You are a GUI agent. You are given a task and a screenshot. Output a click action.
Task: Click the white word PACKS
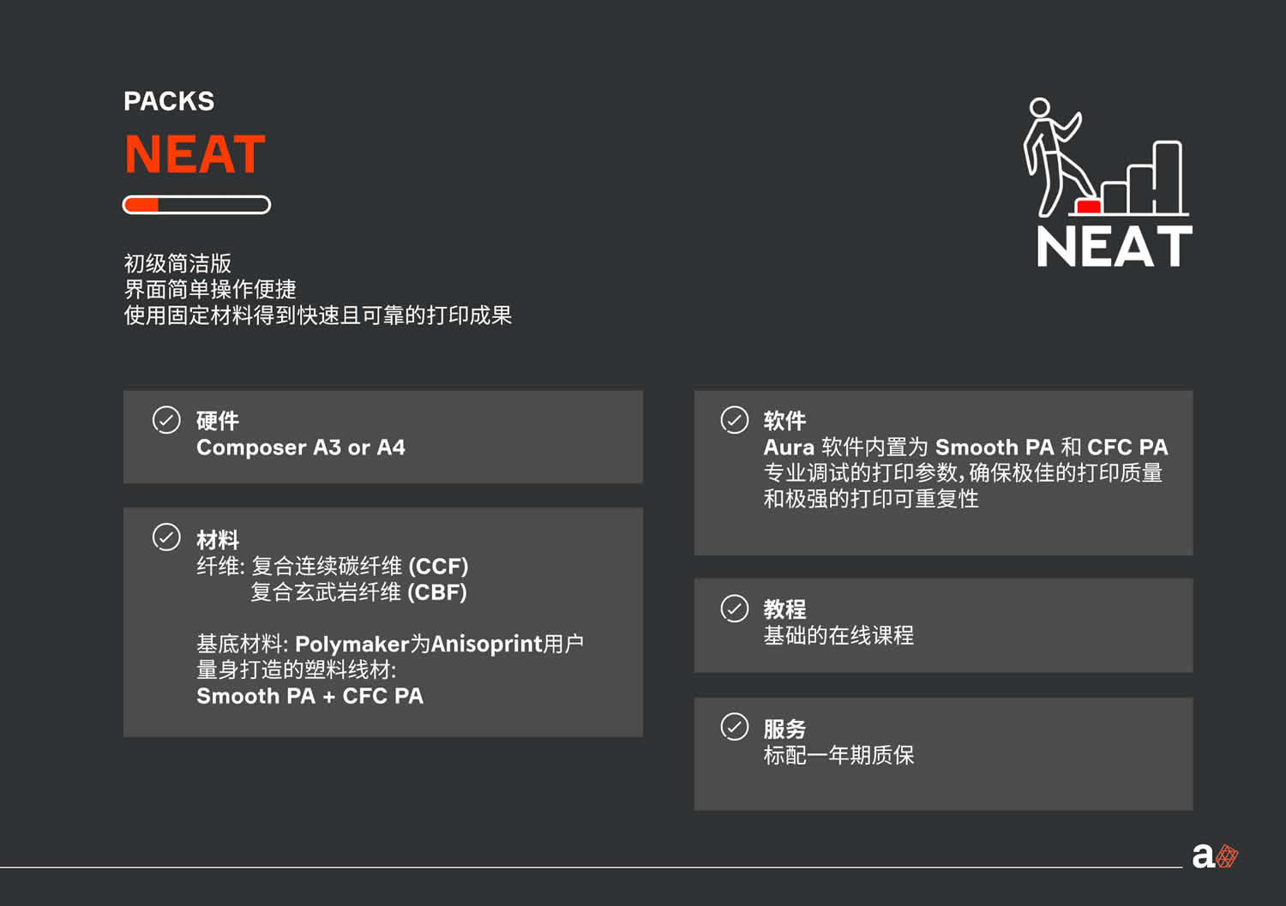click(169, 101)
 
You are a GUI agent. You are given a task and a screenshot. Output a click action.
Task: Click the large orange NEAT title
click(195, 153)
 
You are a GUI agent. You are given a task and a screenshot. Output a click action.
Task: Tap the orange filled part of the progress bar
click(141, 205)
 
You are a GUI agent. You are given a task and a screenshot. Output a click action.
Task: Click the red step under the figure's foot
click(1088, 206)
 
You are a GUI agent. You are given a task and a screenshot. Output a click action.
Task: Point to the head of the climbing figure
click(1039, 107)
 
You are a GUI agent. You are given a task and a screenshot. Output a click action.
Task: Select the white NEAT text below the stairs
click(1115, 246)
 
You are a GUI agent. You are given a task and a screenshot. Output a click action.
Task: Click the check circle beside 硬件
click(166, 420)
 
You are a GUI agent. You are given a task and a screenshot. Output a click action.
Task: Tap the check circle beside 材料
click(166, 537)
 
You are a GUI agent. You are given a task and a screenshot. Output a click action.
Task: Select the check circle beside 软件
click(734, 420)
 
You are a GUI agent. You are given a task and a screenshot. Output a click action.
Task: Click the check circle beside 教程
click(734, 609)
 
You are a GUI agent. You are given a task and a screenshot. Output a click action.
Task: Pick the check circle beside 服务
click(734, 727)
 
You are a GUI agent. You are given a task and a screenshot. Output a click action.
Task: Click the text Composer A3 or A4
click(301, 447)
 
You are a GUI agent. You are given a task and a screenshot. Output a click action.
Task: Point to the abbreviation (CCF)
click(439, 567)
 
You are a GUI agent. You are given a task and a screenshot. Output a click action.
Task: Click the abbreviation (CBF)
click(437, 592)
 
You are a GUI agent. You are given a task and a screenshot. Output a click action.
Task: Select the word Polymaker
click(352, 645)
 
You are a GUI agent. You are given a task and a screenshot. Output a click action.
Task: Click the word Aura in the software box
click(789, 447)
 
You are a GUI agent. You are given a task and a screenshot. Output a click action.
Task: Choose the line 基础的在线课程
click(838, 635)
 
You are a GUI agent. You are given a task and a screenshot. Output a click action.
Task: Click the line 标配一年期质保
click(838, 755)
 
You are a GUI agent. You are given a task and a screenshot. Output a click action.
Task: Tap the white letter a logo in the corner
click(1204, 856)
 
